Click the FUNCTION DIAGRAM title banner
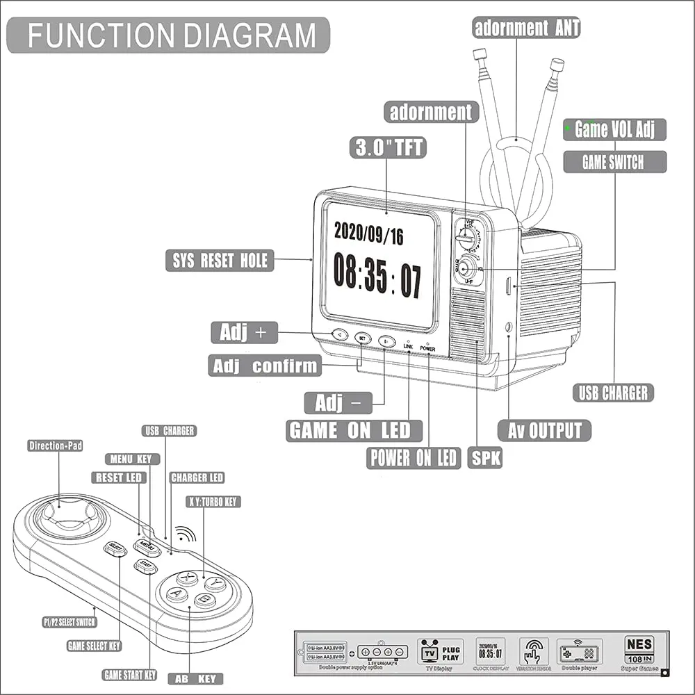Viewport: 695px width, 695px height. tap(171, 35)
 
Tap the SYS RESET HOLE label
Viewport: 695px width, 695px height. tap(220, 261)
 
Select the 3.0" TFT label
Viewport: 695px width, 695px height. tap(387, 147)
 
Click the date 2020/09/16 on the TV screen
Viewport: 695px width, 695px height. tap(368, 234)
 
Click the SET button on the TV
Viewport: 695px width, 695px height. tap(363, 338)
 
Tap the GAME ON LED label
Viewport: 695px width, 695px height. tap(354, 431)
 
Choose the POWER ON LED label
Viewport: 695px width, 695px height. tap(414, 457)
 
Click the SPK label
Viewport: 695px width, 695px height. tap(484, 457)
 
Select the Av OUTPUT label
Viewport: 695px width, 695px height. tap(544, 431)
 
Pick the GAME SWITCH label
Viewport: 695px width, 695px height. tap(613, 163)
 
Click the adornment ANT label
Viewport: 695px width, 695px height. tap(526, 28)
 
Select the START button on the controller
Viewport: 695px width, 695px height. tap(145, 565)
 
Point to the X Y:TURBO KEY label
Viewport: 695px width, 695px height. tap(213, 502)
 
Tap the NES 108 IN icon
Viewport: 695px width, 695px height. tap(639, 649)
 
